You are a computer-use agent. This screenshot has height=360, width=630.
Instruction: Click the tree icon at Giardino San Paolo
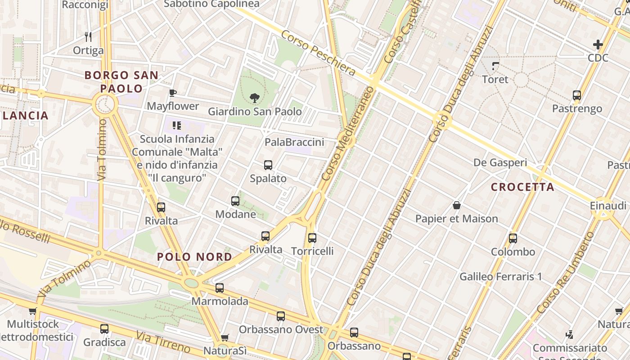tap(254, 98)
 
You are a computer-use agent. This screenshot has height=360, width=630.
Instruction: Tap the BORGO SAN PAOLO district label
tap(121, 81)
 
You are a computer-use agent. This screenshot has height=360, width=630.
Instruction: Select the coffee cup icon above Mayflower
tap(172, 93)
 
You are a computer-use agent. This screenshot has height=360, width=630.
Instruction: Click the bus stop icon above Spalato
tap(268, 165)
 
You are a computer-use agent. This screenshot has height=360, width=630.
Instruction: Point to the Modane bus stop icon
tap(235, 201)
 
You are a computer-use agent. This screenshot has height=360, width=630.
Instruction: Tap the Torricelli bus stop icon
tap(312, 238)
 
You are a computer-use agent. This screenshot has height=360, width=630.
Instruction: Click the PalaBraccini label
tap(294, 142)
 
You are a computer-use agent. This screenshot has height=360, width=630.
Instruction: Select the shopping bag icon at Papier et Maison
tap(457, 206)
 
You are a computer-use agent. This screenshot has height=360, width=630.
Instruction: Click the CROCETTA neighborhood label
tap(522, 187)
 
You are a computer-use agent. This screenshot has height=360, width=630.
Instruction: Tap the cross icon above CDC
tap(598, 45)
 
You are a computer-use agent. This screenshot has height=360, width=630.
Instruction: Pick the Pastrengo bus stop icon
tap(577, 95)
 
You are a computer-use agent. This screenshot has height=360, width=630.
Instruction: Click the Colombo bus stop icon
tap(513, 238)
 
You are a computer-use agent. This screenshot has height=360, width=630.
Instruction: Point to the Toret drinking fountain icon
tap(495, 66)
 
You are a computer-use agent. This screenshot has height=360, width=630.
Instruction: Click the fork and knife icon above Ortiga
tap(88, 36)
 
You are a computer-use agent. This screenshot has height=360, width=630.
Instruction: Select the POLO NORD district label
tap(194, 257)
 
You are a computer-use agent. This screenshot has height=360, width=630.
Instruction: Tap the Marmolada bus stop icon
tap(220, 288)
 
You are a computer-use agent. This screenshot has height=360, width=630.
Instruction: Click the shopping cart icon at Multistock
tap(33, 311)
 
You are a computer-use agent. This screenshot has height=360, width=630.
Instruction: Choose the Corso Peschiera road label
tap(319, 53)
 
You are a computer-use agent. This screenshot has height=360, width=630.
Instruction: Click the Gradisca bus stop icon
tap(104, 329)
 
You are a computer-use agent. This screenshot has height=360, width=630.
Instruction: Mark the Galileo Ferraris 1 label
tap(500, 276)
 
